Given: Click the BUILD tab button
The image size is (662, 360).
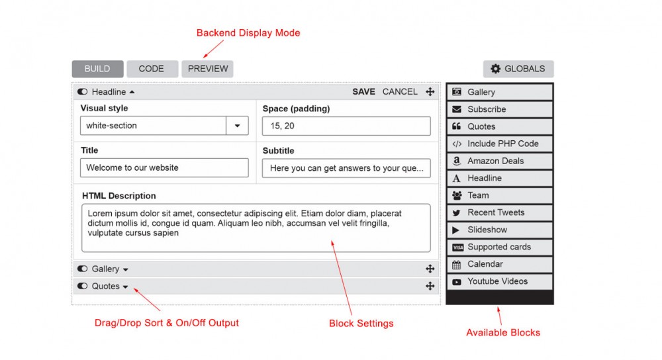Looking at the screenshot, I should coord(97,69).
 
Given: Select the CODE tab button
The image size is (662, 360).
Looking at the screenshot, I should coord(152,69).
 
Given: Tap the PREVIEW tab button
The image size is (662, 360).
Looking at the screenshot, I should coord(207,69).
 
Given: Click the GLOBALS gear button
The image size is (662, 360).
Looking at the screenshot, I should coord(518,69).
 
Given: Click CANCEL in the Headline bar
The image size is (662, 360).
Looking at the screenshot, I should coord(400,92).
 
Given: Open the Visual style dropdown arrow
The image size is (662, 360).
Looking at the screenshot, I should coord(237,126).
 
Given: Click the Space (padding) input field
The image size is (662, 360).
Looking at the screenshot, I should coord(346,126).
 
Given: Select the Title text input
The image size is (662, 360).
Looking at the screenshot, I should coord(164,167).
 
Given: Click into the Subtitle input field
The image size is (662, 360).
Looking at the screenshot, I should coord(346,168).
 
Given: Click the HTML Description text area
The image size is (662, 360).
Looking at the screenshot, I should coord(256,228).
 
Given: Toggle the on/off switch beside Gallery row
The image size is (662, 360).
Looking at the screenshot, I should coord(83,269).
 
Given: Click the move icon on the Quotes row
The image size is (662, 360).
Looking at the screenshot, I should coord(430,286).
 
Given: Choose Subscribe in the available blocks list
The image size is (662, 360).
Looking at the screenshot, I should coord(500,109).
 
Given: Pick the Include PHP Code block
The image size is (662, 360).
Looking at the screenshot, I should coord(500,144).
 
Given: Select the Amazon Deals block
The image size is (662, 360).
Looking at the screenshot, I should coord(500,161).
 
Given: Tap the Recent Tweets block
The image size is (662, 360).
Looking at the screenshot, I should coord(500,212).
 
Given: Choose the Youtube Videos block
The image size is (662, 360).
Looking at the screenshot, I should coord(500,281).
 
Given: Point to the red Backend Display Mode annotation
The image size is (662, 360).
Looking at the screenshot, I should coord(248,33).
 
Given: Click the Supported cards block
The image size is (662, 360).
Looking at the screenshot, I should coord(500,247).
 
